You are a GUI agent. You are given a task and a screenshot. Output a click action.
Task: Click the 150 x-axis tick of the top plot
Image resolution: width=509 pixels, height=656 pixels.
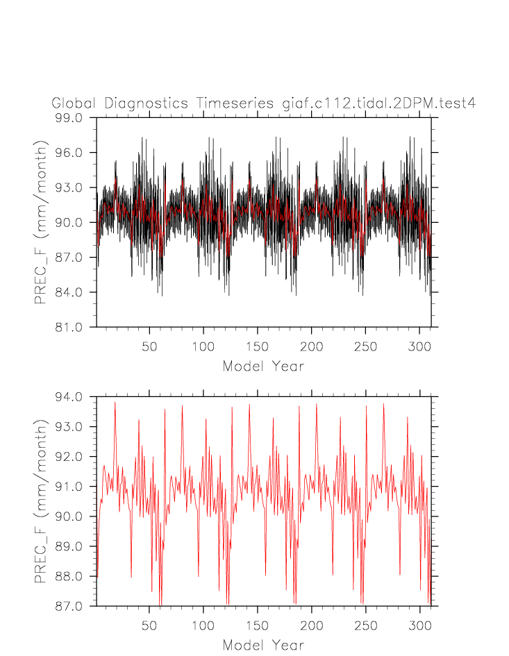click(x=257, y=346)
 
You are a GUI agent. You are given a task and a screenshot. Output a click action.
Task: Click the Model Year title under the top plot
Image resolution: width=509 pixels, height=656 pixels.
click(x=263, y=366)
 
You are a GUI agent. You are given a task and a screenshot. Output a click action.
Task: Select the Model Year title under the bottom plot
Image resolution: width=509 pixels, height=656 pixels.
click(x=263, y=646)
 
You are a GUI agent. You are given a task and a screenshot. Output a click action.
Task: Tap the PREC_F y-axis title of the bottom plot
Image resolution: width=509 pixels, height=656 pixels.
click(x=42, y=501)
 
